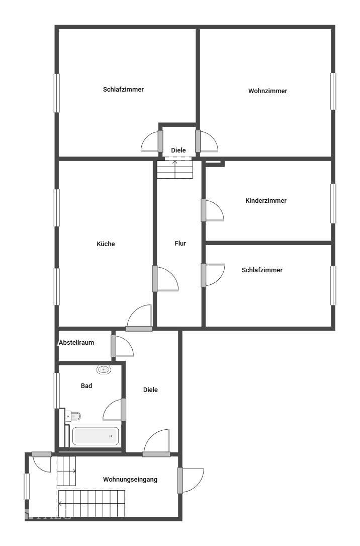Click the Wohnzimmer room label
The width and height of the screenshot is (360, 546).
[x=267, y=91]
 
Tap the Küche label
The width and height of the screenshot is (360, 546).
[x=106, y=244]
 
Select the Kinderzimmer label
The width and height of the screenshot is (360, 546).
[x=266, y=201]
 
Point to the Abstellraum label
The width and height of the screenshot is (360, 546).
[x=76, y=342]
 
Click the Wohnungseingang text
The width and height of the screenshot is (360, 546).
[x=130, y=480]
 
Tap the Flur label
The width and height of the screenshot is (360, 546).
[x=181, y=244]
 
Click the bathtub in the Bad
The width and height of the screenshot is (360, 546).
[x=96, y=436]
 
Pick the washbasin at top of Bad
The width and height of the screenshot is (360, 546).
[x=103, y=369]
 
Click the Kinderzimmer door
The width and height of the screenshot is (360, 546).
[x=204, y=210]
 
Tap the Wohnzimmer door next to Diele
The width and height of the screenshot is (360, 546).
[x=199, y=141]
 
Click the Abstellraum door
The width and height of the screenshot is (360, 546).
[x=114, y=345]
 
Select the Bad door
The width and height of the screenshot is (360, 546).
[x=123, y=410]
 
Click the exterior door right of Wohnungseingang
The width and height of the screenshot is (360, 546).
[x=181, y=481]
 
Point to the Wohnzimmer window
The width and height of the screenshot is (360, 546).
[x=333, y=91]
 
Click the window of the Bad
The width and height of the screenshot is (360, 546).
[x=57, y=391]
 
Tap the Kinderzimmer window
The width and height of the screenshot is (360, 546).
[x=333, y=203]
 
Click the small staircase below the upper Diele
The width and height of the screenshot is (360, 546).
[x=174, y=169]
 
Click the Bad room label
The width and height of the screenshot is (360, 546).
[x=86, y=386]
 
